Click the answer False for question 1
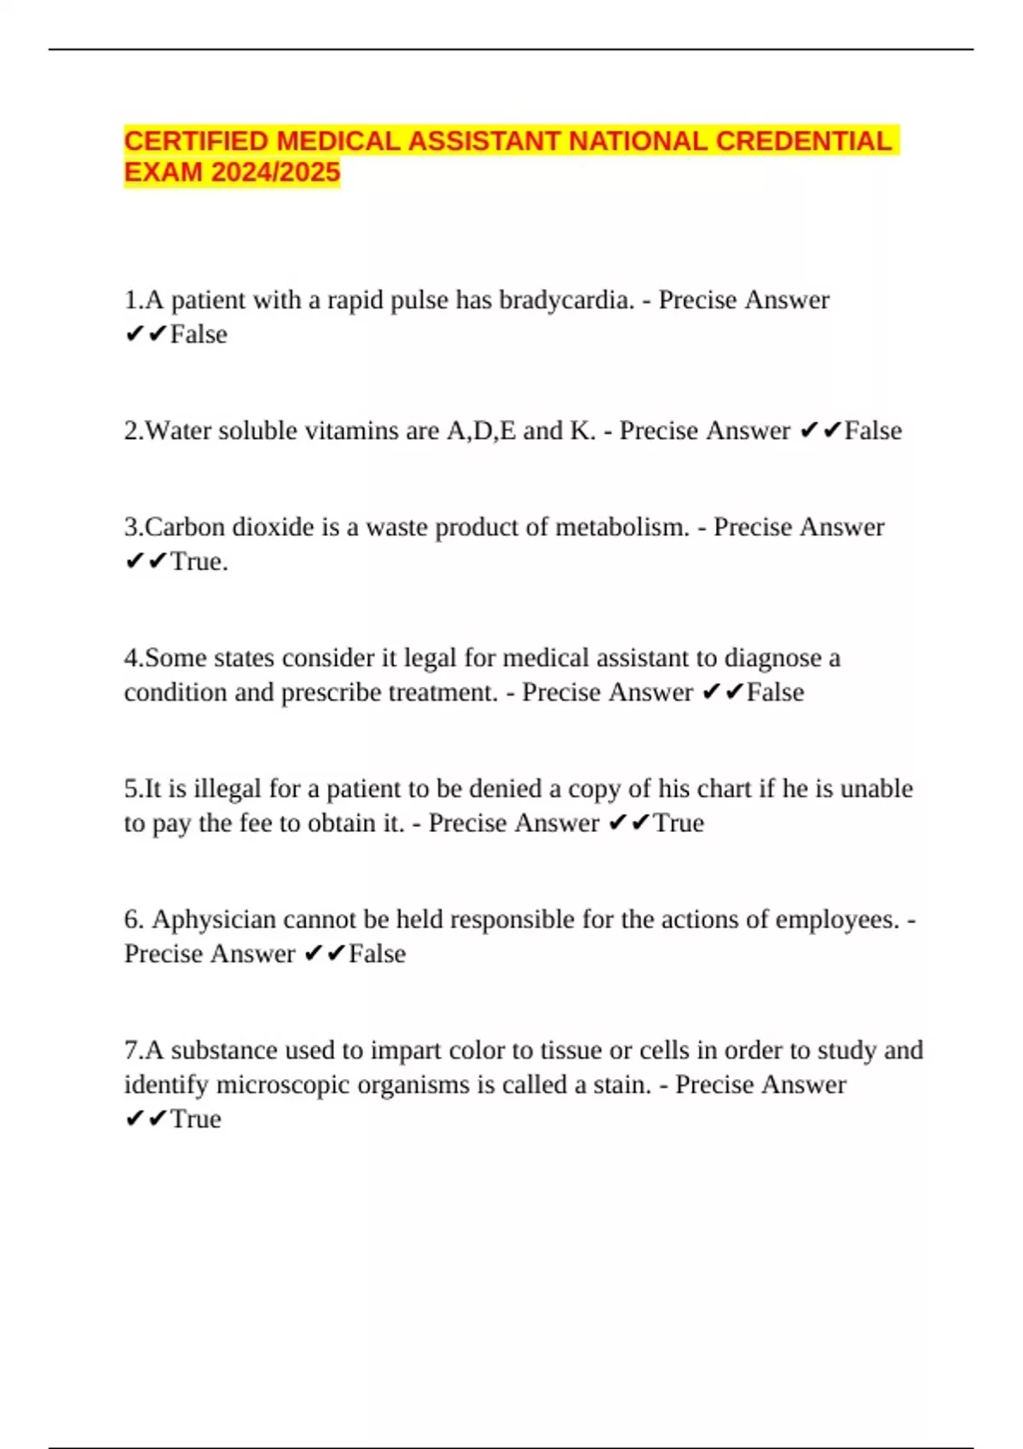[x=199, y=334]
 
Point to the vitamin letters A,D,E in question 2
[x=481, y=430]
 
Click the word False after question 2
[x=873, y=430]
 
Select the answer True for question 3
[x=198, y=562]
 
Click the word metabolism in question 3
[x=621, y=527]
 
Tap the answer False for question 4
[x=775, y=692]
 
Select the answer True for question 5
[x=679, y=823]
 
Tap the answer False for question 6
[x=377, y=954]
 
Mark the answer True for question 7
[x=195, y=1119]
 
